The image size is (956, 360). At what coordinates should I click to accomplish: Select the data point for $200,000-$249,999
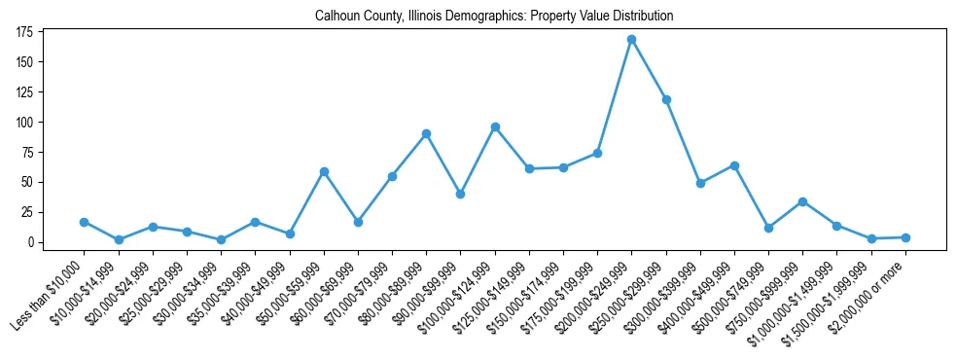632,39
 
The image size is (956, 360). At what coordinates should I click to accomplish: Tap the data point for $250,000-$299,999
666,99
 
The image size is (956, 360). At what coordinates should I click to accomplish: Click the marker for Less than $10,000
85,222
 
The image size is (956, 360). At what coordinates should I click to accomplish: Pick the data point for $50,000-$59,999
324,171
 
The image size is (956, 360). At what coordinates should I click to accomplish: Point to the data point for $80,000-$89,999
426,133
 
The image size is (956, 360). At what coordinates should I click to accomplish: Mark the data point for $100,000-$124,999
495,126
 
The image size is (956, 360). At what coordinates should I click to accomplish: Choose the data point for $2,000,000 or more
905,237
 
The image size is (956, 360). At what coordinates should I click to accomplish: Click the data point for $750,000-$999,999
802,201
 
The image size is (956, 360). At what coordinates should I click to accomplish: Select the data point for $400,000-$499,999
734,165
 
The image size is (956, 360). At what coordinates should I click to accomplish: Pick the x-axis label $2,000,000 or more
870,294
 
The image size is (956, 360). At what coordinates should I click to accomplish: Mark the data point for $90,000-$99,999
461,194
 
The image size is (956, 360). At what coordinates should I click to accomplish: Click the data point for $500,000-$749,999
768,228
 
